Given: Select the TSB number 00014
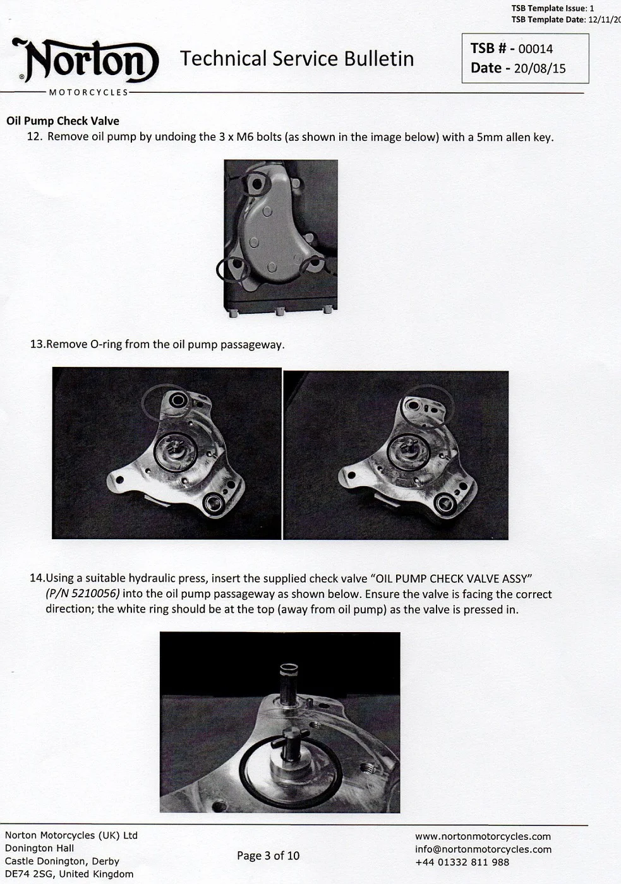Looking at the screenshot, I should [535, 49].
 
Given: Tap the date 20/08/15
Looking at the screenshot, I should [540, 68].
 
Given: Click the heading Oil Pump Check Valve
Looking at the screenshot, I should [63, 121].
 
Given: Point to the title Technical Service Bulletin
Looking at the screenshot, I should [297, 59].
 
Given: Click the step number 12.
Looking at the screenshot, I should [34, 136].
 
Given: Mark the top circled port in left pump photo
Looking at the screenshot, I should [177, 400].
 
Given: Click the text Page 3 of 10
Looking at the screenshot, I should [268, 856].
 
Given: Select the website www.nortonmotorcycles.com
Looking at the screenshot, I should [483, 837].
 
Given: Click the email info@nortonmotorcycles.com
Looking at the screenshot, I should [483, 849].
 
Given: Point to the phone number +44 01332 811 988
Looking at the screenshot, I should [462, 862].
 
